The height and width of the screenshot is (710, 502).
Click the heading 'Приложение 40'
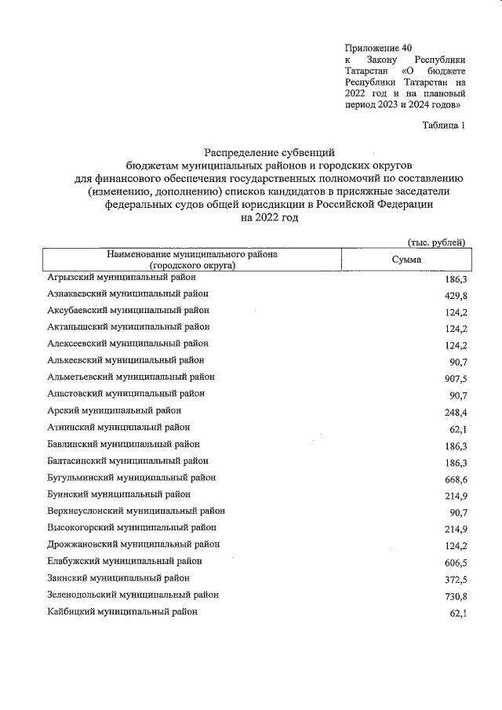[x=378, y=47]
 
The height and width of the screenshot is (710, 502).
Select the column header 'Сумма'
[x=406, y=260]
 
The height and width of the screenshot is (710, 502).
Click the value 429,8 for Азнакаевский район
[x=453, y=296]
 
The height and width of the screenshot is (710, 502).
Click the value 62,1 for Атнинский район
[x=456, y=428]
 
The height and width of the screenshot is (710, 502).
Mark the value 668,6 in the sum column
[x=453, y=479]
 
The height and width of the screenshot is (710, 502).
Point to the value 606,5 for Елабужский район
[x=453, y=563]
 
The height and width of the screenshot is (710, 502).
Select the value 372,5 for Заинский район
[x=453, y=579]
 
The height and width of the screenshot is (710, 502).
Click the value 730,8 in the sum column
[x=453, y=596]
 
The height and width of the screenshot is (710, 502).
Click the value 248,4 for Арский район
[x=453, y=412]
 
